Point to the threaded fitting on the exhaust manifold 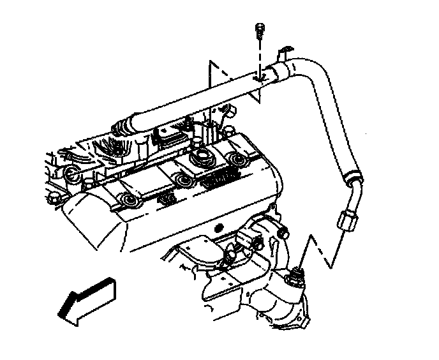click(295, 277)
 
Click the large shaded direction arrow click(90, 296)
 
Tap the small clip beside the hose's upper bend click(285, 51)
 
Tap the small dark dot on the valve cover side click(219, 228)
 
